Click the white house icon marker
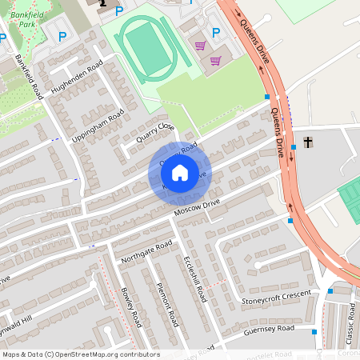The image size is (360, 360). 180,172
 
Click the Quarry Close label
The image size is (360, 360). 154,131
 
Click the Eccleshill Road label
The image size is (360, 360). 195,277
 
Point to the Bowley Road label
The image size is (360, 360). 130,309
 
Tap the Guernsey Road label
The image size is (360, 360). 269,330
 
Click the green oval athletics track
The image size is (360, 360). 146,47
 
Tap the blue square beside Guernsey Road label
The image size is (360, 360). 314,330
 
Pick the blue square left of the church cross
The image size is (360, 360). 294,146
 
